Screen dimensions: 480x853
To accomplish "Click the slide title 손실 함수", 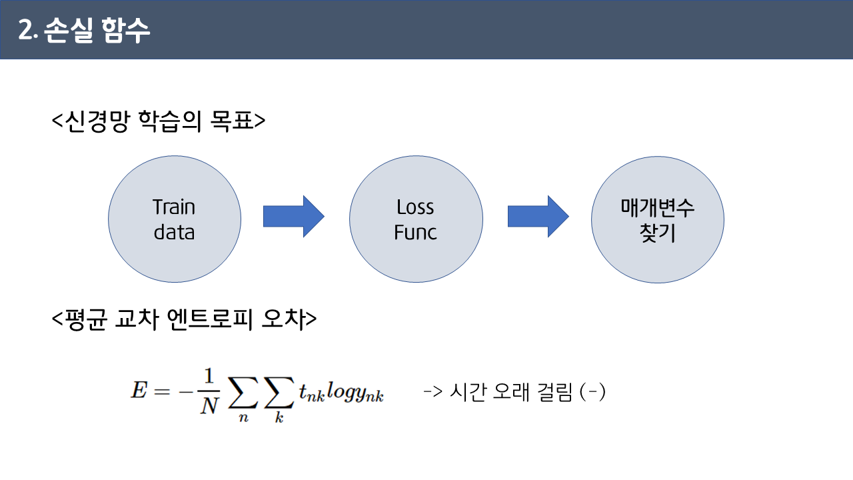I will pyautogui.click(x=98, y=31).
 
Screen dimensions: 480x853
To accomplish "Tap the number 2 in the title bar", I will pyautogui.click(x=26, y=31).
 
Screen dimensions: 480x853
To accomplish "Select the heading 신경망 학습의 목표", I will pyautogui.click(x=159, y=121).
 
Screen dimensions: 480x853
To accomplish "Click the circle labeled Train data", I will pyautogui.click(x=175, y=219).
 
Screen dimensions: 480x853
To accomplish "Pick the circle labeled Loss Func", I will pyautogui.click(x=416, y=219).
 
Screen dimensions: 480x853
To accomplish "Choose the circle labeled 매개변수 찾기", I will pyautogui.click(x=657, y=219).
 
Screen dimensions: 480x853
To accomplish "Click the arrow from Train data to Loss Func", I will pyautogui.click(x=293, y=217).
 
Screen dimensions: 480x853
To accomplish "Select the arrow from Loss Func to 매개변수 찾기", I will pyautogui.click(x=538, y=217).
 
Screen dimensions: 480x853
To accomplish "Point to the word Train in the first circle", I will pyautogui.click(x=174, y=207).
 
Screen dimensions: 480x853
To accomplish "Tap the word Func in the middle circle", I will pyautogui.click(x=415, y=233).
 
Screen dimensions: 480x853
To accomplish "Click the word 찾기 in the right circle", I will pyautogui.click(x=658, y=234).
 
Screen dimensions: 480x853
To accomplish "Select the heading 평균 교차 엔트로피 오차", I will pyautogui.click(x=184, y=320).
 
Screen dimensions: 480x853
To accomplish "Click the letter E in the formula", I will pyautogui.click(x=139, y=390).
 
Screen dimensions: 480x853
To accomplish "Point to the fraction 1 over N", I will pyautogui.click(x=209, y=392).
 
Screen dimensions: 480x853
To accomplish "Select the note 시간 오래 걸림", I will pyautogui.click(x=514, y=392).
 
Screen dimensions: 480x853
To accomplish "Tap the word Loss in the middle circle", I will pyautogui.click(x=415, y=207).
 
